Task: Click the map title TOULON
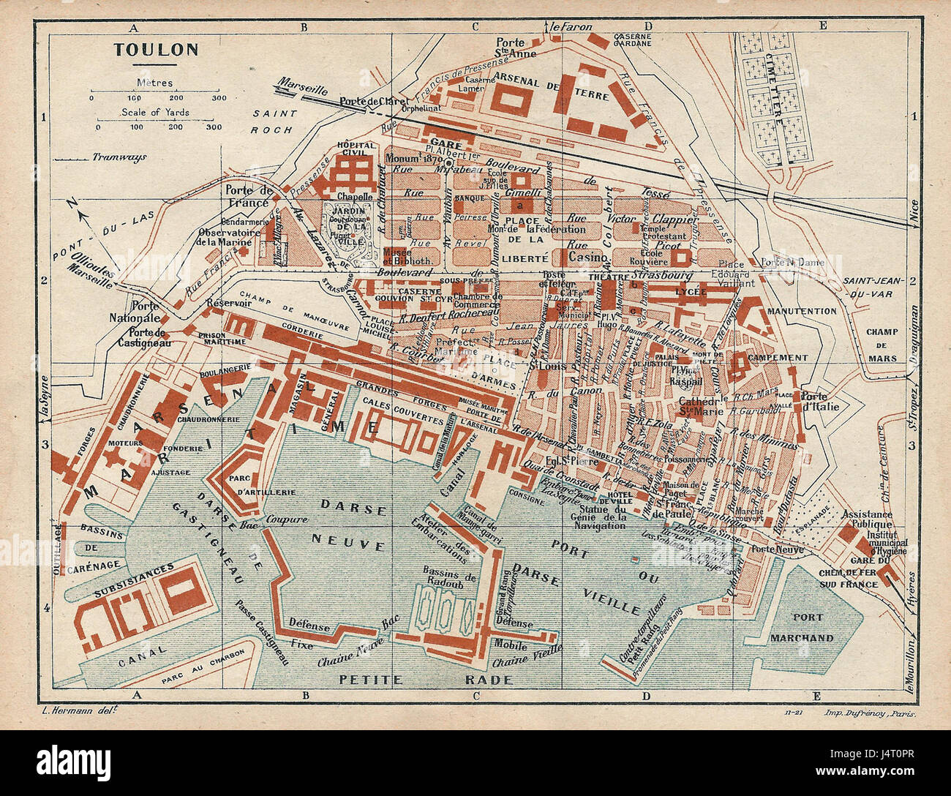[x=156, y=50]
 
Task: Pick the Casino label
[x=589, y=258]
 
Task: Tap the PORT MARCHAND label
[x=802, y=628]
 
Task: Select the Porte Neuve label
[x=773, y=549]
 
